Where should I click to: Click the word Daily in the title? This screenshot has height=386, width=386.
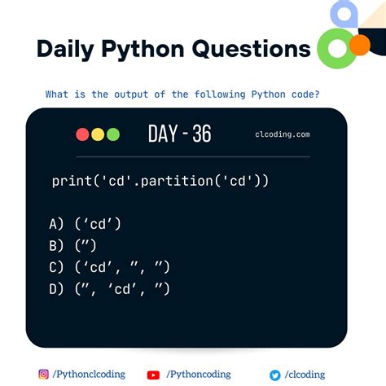click(x=68, y=49)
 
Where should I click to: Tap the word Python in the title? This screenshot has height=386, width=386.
click(x=145, y=49)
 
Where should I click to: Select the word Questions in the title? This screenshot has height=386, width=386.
click(x=251, y=49)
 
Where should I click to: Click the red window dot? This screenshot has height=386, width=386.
click(x=82, y=134)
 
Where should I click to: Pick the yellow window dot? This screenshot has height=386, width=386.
click(x=98, y=134)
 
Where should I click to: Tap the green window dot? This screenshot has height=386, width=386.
click(x=113, y=134)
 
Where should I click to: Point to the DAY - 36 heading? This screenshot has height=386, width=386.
click(x=179, y=134)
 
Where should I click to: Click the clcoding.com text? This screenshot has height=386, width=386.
click(x=282, y=134)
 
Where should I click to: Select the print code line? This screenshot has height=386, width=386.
click(x=160, y=181)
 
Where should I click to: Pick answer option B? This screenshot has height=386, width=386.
click(x=75, y=245)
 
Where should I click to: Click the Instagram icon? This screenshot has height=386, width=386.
click(x=43, y=375)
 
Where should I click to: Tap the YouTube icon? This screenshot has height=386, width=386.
click(x=153, y=375)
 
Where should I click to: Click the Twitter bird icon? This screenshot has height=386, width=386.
click(x=275, y=375)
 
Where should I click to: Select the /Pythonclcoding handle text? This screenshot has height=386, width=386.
click(x=89, y=375)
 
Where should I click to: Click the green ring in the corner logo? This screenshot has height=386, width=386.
click(x=334, y=50)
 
